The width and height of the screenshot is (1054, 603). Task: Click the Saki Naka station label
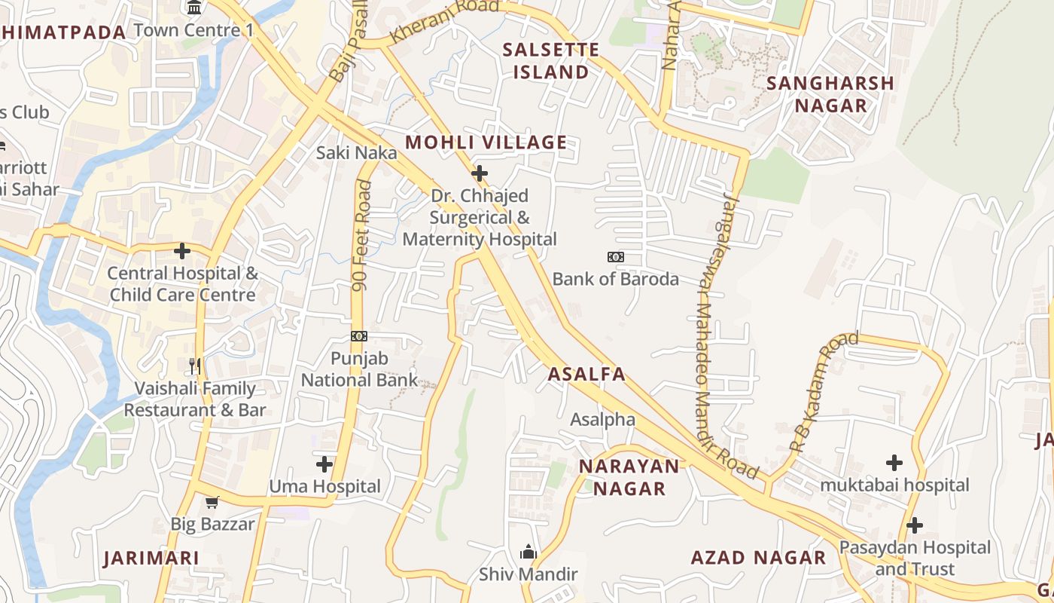click(x=356, y=152)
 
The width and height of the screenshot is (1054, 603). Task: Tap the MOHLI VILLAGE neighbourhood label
click(x=486, y=142)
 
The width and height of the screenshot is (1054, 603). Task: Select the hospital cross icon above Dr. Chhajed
click(x=479, y=174)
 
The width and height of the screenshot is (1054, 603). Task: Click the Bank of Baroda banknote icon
click(x=616, y=257)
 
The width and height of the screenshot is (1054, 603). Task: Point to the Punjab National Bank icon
click(x=359, y=336)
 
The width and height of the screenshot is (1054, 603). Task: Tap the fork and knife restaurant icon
click(x=196, y=366)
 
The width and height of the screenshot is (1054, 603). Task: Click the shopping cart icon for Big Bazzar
click(x=212, y=502)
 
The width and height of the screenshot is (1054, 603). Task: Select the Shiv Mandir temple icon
click(x=529, y=552)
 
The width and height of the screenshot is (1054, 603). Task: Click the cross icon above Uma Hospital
click(x=324, y=464)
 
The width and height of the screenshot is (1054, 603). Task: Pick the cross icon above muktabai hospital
click(x=894, y=462)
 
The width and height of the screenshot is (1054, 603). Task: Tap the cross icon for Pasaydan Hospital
click(x=915, y=525)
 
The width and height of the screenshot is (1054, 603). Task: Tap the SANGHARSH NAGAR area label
click(x=830, y=94)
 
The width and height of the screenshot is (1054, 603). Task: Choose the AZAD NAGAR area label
click(x=758, y=558)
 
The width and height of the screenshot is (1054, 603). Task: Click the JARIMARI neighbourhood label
click(x=151, y=559)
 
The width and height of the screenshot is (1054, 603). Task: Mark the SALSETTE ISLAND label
click(x=551, y=61)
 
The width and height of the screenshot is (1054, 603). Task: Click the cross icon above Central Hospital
click(x=182, y=251)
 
